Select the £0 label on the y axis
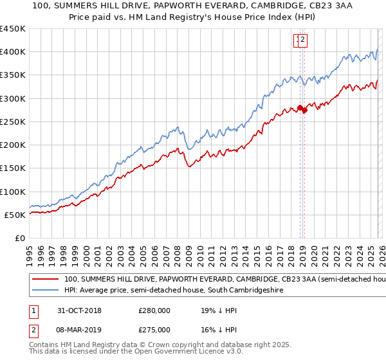click(x=20, y=239)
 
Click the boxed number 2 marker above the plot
click(x=303, y=40)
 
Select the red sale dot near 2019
click(x=304, y=111)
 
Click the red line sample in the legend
click(x=46, y=280)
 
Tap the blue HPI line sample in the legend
click(x=46, y=291)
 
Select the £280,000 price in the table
click(x=154, y=310)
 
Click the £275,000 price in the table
click(x=154, y=330)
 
